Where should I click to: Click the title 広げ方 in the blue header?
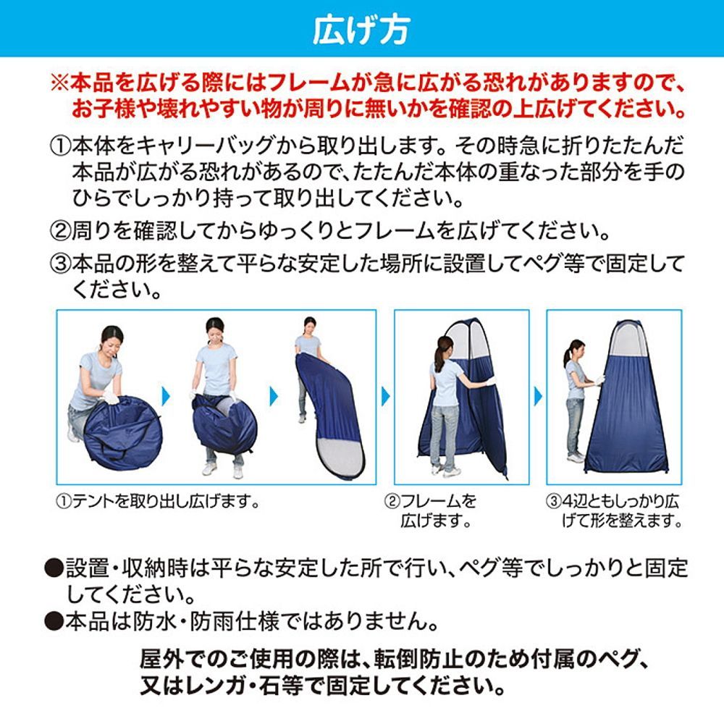(361, 29)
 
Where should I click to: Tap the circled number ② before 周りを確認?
(59, 232)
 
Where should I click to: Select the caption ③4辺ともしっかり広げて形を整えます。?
(614, 510)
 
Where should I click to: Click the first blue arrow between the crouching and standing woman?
(165, 396)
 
